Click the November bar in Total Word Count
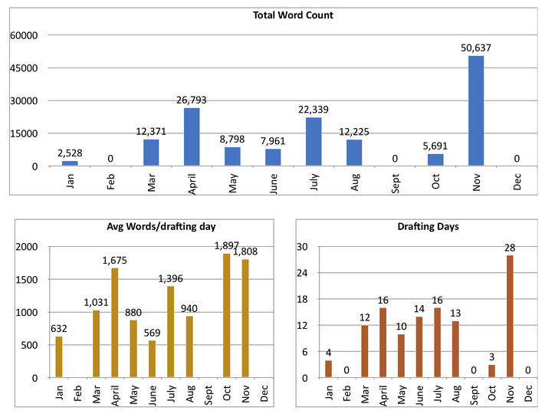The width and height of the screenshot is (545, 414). (x=476, y=110)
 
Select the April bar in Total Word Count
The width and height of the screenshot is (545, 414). (x=192, y=136)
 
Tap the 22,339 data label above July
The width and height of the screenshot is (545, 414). (x=314, y=110)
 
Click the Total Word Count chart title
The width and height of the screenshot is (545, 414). (x=293, y=15)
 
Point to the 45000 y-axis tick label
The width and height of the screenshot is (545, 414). (x=23, y=67)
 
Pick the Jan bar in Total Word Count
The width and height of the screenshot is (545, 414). (x=70, y=163)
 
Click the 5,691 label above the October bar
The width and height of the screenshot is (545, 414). (x=435, y=146)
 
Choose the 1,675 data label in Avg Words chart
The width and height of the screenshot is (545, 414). (x=115, y=260)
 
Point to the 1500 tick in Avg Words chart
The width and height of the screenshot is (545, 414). (x=27, y=280)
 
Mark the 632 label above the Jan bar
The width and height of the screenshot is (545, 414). (x=59, y=329)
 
